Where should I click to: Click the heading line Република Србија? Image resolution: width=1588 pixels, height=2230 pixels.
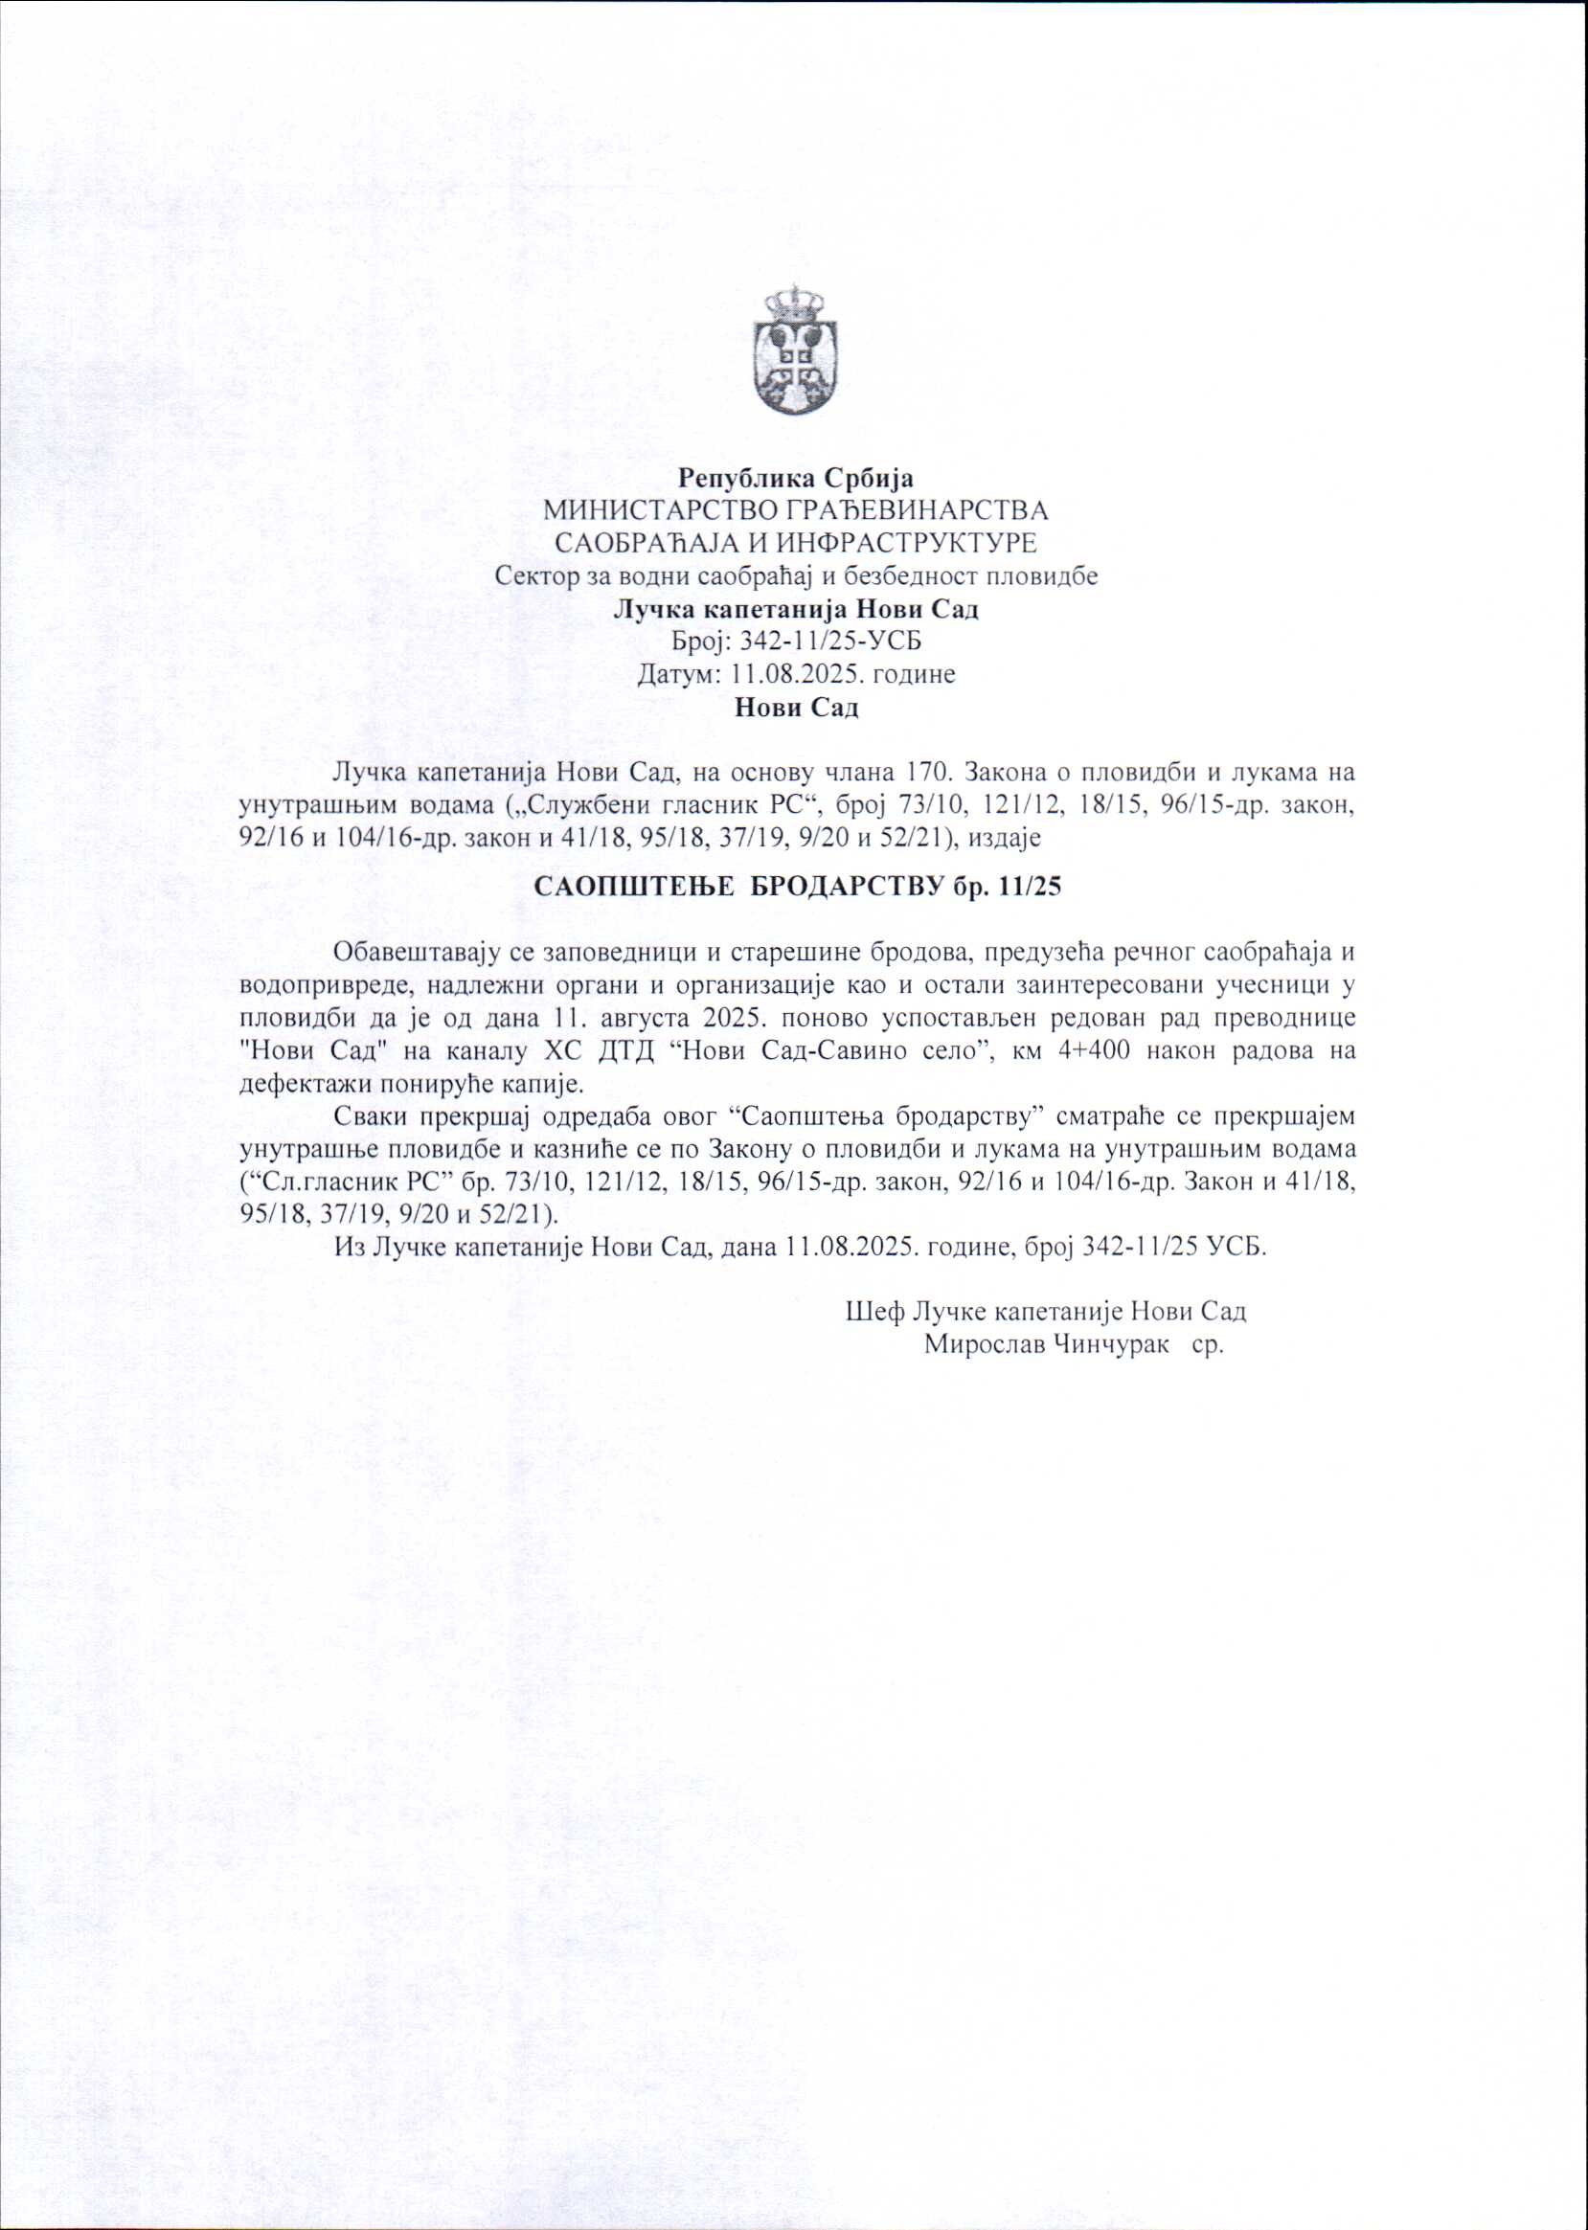tap(796, 479)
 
